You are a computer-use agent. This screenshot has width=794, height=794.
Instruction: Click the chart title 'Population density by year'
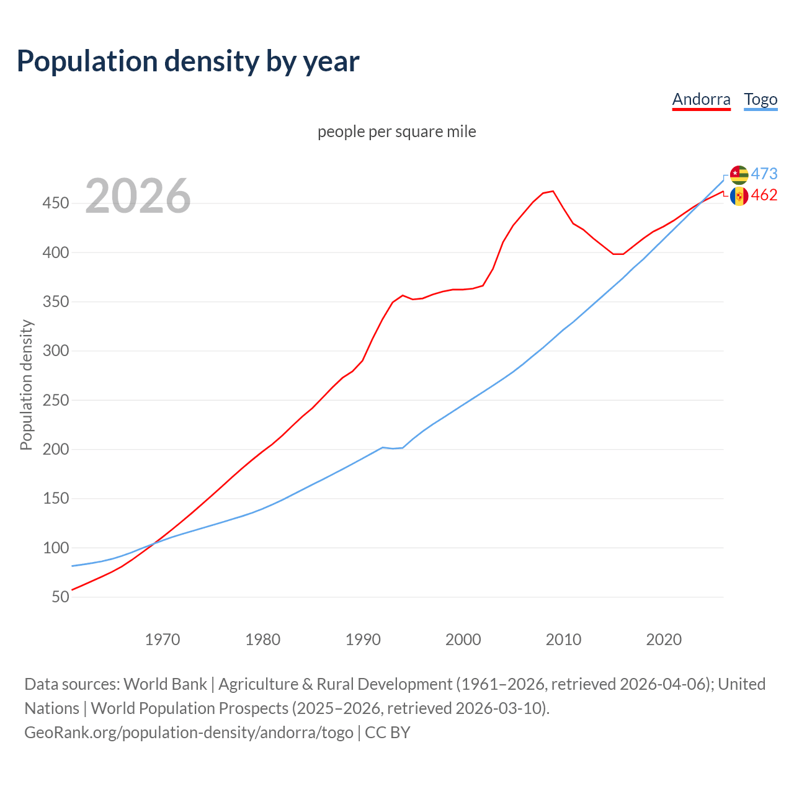tap(188, 61)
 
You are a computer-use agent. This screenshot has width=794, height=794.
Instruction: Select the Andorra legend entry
tap(701, 99)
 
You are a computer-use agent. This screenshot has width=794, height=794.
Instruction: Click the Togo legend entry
tap(761, 99)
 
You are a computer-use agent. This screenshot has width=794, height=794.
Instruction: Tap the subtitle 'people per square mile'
tap(396, 132)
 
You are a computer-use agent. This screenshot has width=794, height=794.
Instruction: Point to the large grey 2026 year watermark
tap(138, 196)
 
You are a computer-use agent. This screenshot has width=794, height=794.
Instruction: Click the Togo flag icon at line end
tap(739, 174)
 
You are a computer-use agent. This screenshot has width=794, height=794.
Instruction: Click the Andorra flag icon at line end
tap(739, 196)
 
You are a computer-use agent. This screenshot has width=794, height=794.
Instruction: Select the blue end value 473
tap(764, 174)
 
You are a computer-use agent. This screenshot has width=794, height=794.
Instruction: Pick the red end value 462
tap(764, 195)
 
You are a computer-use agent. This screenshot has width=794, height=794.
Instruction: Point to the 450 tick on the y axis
tap(56, 203)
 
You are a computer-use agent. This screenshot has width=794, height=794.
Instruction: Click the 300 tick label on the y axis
tap(56, 351)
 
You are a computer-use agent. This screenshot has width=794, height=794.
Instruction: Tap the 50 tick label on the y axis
tap(60, 597)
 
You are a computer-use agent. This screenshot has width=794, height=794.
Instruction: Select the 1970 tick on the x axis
tap(163, 640)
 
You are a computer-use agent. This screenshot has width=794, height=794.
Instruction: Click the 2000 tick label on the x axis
tap(463, 640)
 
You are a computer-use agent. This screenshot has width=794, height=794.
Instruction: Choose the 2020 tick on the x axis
tap(664, 640)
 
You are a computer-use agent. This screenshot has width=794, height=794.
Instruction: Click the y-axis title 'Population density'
tap(26, 385)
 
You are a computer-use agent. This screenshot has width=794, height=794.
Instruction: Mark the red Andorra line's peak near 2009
tap(553, 191)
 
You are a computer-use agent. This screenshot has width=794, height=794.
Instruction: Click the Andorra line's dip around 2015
tap(618, 254)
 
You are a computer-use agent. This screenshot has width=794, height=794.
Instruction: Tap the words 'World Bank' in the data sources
tap(165, 684)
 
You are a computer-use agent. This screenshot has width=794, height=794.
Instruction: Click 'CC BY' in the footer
tap(388, 733)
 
